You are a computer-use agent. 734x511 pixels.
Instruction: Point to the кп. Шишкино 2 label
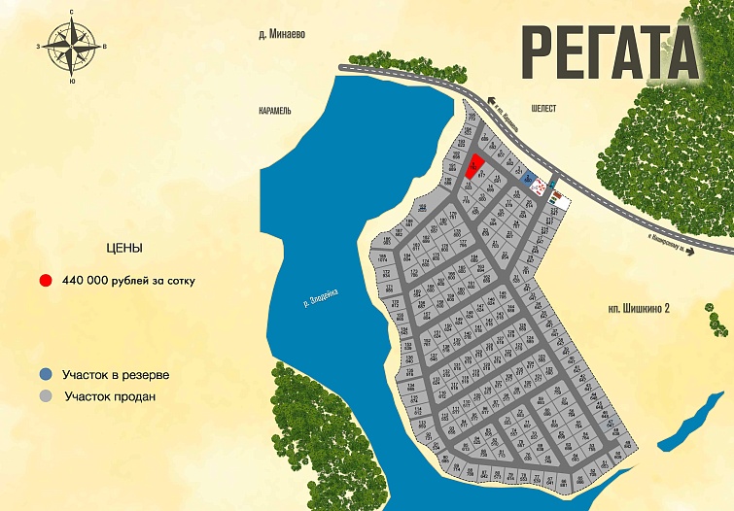pyautogui.click(x=636, y=308)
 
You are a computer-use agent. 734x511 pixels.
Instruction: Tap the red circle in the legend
pyautogui.click(x=46, y=281)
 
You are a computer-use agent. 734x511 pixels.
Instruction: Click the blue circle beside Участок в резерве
pyautogui.click(x=46, y=374)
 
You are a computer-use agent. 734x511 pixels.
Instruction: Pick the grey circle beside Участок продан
pyautogui.click(x=46, y=396)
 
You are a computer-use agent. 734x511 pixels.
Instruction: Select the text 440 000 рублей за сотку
pyautogui.click(x=128, y=281)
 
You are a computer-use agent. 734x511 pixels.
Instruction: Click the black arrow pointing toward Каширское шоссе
pyautogui.click(x=686, y=250)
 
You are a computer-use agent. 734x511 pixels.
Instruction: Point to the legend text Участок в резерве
pyautogui.click(x=116, y=374)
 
